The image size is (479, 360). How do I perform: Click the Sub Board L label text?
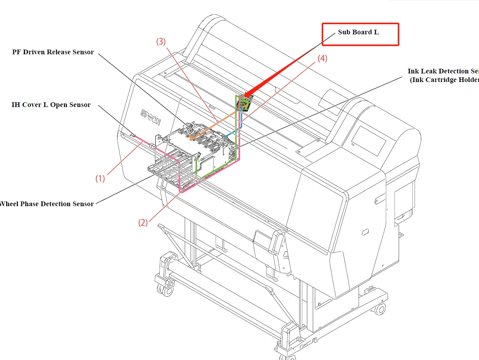[x=358, y=32]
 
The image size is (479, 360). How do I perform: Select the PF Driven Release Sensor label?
[x=53, y=52]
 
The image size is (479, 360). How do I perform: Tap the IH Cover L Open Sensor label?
[x=51, y=105]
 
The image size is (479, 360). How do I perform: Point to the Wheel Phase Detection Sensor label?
[x=47, y=204]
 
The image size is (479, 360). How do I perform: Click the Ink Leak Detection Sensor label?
[x=443, y=75]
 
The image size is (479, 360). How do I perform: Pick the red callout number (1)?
[x=100, y=178]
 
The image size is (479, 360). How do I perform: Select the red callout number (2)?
[x=143, y=223]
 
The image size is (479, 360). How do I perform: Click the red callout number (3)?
[x=161, y=42]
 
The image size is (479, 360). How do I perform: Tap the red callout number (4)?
[x=322, y=59]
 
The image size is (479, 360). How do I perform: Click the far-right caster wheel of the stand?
[x=379, y=309]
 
